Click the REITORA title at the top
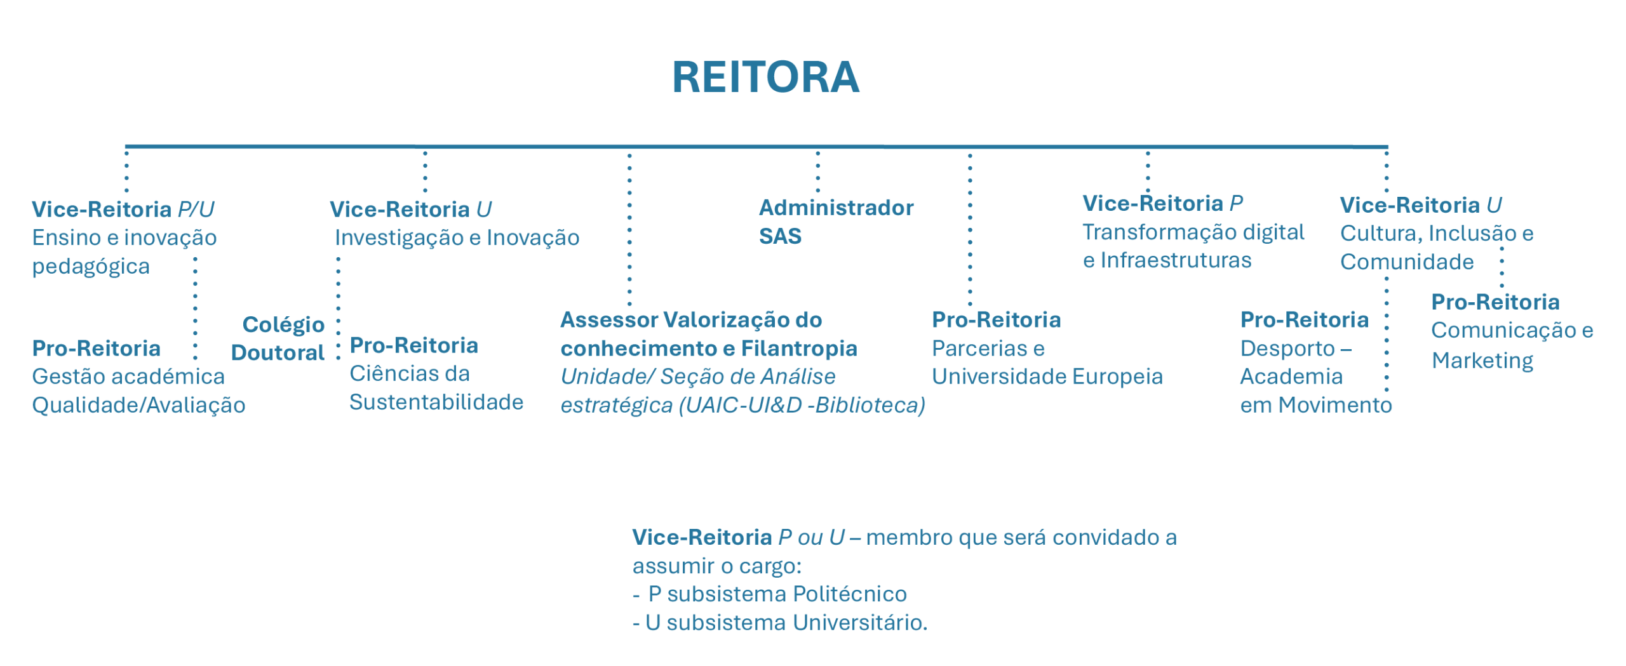pos(765,77)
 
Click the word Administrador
pos(836,208)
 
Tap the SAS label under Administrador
pos(780,236)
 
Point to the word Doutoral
pos(278,352)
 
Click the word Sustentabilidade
pos(436,402)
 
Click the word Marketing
pos(1482,361)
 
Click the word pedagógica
pos(91,267)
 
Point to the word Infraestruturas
pos(1176,260)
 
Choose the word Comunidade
pos(1407,262)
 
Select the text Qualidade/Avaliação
pos(138,406)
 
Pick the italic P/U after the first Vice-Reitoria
pos(196,210)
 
